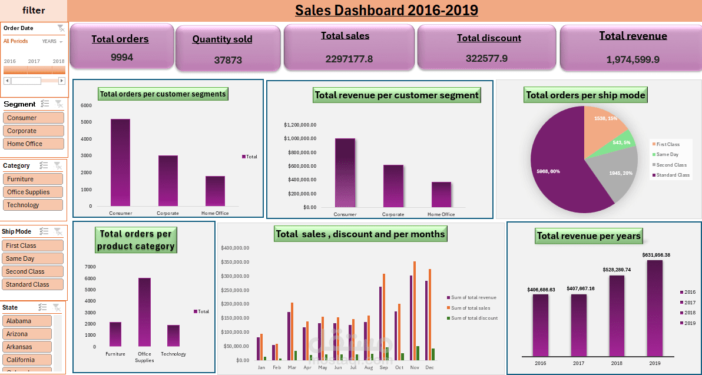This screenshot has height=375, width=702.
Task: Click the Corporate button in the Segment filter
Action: [x=34, y=131]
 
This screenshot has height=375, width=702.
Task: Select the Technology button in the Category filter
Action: [x=33, y=205]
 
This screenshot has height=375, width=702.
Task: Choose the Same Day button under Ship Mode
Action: [x=34, y=258]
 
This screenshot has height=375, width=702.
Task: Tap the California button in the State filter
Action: [x=27, y=360]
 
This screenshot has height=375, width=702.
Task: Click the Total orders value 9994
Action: [x=122, y=57]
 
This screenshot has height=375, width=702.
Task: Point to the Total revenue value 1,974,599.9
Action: [x=633, y=59]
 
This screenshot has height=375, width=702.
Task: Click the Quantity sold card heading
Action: [x=222, y=39]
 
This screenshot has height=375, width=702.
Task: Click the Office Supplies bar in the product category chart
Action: [x=144, y=312]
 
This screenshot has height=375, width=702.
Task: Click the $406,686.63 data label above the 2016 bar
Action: [x=541, y=290]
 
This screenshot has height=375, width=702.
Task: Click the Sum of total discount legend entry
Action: [x=473, y=318]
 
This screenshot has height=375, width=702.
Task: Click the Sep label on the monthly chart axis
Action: [x=384, y=367]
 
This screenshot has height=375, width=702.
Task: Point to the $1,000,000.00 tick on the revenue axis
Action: [x=300, y=139]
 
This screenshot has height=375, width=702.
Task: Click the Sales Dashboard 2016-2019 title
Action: [x=386, y=10]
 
